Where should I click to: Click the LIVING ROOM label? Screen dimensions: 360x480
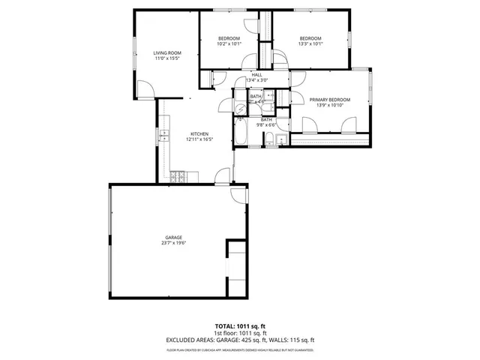pyautogui.click(x=168, y=52)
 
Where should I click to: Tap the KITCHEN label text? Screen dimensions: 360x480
pyautogui.click(x=198, y=134)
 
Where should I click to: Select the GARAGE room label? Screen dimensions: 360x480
pyautogui.click(x=173, y=237)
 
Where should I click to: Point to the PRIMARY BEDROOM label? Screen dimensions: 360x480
pyautogui.click(x=331, y=100)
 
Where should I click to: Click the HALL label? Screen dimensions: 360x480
pyautogui.click(x=256, y=75)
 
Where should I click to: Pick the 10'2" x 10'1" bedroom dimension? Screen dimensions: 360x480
pyautogui.click(x=229, y=43)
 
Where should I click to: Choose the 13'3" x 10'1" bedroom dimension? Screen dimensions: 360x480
pyautogui.click(x=310, y=43)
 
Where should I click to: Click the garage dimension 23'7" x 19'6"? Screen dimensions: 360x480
pyautogui.click(x=173, y=243)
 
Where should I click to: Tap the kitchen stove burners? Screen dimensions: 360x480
pyautogui.click(x=179, y=177)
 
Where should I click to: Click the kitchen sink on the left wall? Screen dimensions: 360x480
pyautogui.click(x=162, y=135)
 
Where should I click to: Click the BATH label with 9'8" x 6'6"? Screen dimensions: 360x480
pyautogui.click(x=266, y=120)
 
